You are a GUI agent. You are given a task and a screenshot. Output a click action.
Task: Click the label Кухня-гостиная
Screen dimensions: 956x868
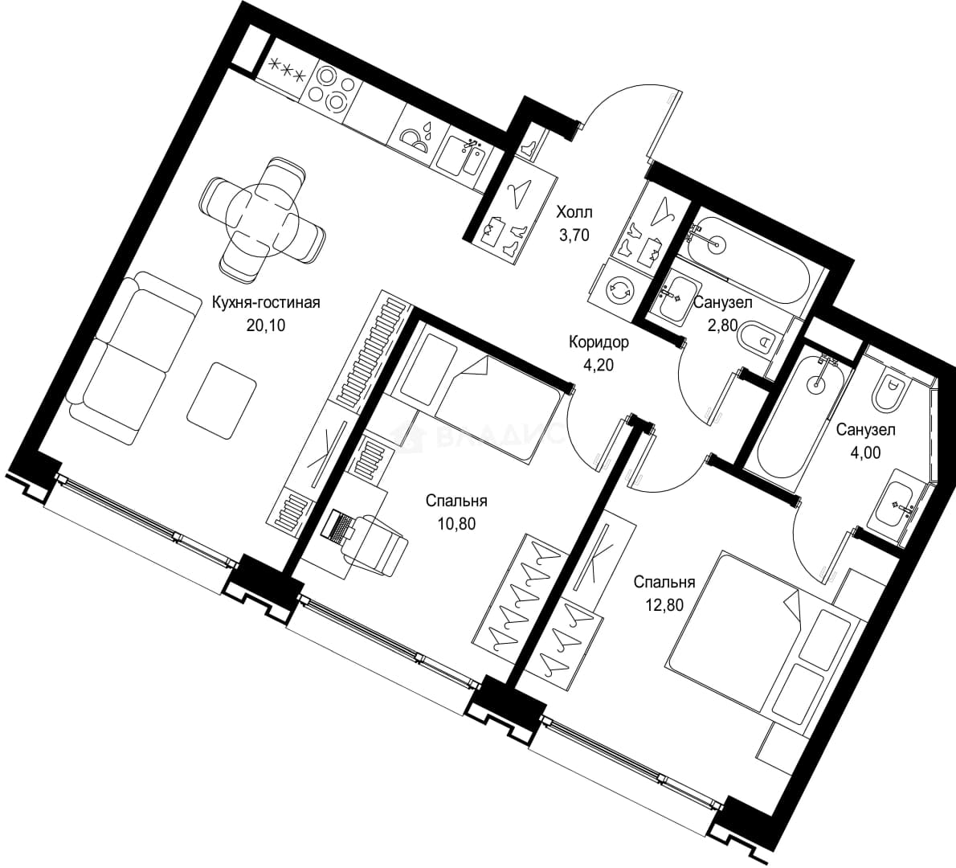266,302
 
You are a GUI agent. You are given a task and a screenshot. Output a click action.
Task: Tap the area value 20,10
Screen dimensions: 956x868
266,325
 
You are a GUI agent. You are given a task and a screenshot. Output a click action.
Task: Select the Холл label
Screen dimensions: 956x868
574,212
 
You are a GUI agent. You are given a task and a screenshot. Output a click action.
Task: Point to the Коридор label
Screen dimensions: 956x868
599,342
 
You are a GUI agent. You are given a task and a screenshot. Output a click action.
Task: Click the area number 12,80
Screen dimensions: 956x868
664,604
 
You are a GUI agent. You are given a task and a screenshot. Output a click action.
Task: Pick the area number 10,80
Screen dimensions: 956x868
456,522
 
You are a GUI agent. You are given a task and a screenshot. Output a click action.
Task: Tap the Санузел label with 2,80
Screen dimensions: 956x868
723,302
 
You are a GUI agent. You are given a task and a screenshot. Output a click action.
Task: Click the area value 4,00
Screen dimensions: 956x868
865,452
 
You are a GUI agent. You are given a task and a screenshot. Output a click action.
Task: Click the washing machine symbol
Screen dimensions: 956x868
621,290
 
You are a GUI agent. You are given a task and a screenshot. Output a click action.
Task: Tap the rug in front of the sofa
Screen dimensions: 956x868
221,400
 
